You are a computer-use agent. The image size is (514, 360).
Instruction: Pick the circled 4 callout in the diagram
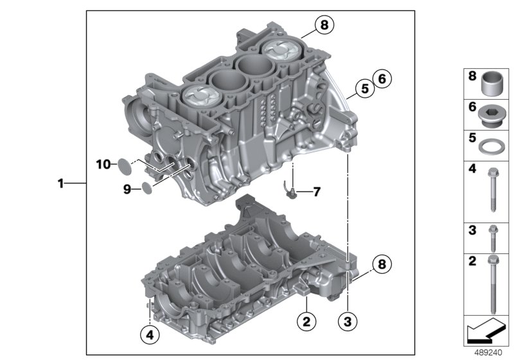tap(150, 333)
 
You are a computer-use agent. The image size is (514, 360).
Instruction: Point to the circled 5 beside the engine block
tap(364, 89)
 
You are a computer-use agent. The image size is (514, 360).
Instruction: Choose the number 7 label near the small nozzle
tap(316, 192)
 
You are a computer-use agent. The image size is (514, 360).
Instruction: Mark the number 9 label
tap(127, 188)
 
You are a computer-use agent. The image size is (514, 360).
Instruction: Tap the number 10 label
tap(104, 165)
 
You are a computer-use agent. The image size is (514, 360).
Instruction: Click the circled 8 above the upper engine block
tap(324, 26)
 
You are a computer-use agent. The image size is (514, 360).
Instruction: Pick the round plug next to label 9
tap(147, 188)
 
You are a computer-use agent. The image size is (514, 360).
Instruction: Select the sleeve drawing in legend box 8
tap(490, 83)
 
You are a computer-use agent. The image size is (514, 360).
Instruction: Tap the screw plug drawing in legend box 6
tap(490, 114)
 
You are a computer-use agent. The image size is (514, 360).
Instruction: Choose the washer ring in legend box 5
tap(490, 145)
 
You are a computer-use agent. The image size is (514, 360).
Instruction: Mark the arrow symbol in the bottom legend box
tap(485, 332)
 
